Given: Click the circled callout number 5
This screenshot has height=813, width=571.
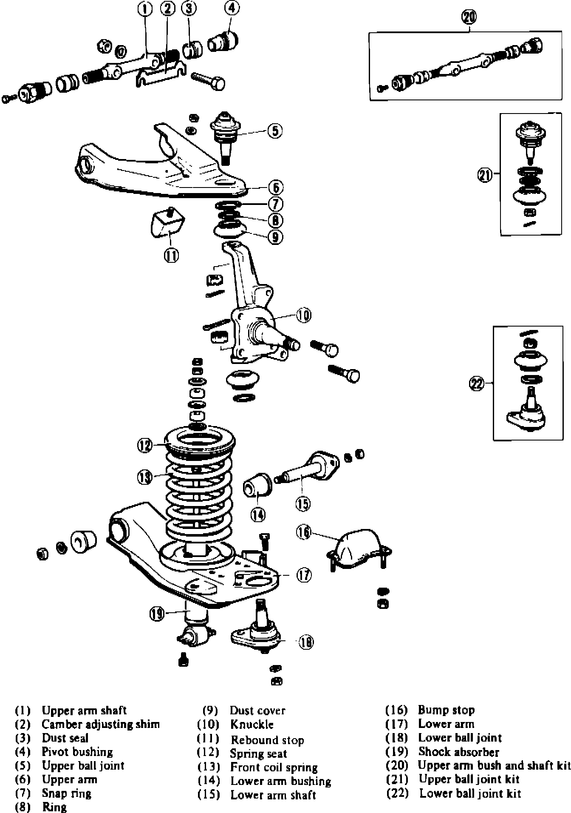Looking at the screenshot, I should tap(275, 131).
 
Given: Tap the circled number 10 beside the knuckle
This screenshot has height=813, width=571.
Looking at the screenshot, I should tap(303, 316).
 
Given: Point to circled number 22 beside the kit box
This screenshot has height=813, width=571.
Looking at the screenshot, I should tap(476, 384).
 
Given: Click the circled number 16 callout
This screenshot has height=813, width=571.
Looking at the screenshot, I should tap(304, 532).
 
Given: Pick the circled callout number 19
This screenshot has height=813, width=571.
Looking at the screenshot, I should tap(157, 613).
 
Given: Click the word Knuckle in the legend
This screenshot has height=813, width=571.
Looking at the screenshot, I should tap(252, 724).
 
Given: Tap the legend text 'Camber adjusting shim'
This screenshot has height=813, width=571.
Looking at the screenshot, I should tap(101, 724).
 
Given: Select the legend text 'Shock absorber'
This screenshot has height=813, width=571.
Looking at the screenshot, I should tap(459, 752).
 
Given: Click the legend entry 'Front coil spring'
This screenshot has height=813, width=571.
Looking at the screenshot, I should tap(274, 767).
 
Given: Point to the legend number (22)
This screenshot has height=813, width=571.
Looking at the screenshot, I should tap(397, 793).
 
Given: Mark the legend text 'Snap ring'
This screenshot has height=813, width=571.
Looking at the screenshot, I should tap(67, 793).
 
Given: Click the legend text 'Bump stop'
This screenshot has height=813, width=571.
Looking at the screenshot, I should tap(446, 710).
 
